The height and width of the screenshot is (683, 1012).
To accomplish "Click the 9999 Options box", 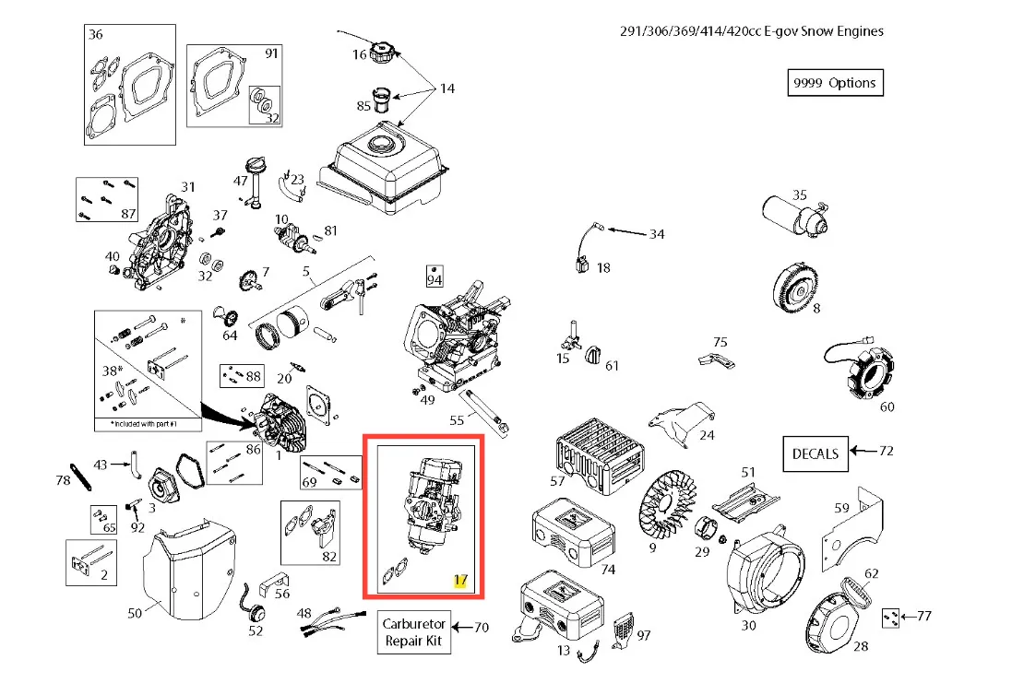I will [834, 83].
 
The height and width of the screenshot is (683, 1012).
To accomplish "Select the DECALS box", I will [816, 453].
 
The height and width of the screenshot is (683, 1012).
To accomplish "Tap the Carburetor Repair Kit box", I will [414, 631].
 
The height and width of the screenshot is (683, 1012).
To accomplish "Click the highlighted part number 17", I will [460, 582].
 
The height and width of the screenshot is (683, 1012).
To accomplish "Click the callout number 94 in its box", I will [434, 276].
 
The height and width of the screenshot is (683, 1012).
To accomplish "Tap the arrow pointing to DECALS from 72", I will [863, 452].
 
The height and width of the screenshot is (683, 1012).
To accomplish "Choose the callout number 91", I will [271, 53].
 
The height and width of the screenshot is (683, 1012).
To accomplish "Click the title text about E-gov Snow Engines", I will [751, 31].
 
